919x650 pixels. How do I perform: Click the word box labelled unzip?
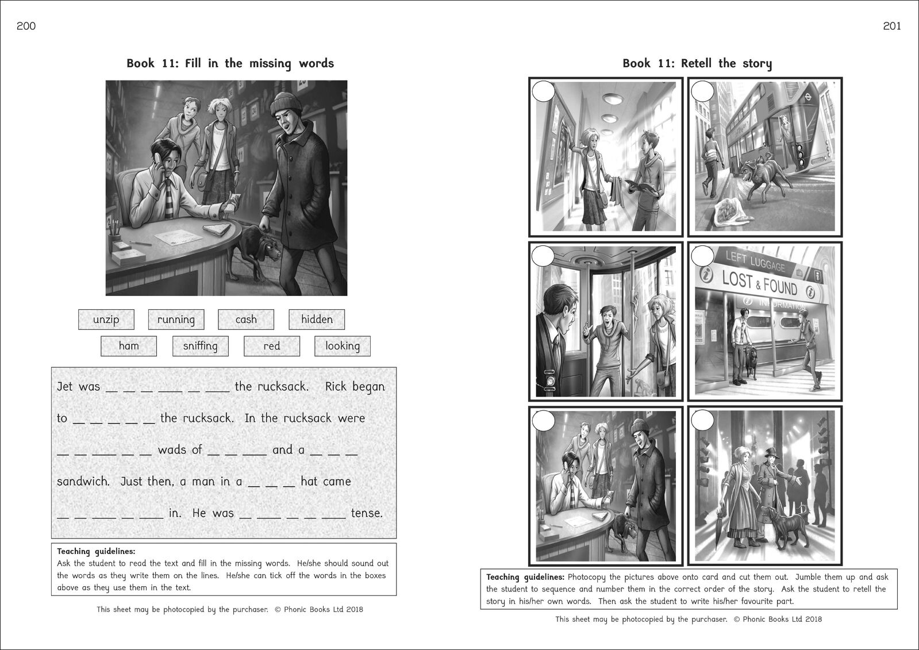[106, 320]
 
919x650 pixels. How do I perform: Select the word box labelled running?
[176, 320]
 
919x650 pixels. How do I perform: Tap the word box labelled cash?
[246, 320]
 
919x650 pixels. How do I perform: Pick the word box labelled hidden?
[317, 320]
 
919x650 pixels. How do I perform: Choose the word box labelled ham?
[129, 346]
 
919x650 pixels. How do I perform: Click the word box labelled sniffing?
[200, 346]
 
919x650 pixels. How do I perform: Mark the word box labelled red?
[272, 346]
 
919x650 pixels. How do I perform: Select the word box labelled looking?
[343, 346]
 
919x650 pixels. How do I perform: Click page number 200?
[26, 26]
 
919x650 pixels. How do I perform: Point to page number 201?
[892, 26]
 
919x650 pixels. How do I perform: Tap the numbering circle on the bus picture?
[702, 91]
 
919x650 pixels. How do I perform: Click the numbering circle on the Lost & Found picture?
[702, 256]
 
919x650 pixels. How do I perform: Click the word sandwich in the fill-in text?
[83, 482]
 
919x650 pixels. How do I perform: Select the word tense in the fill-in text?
[367, 513]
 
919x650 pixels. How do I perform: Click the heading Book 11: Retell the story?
[697, 63]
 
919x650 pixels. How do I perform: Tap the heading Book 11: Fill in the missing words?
[230, 63]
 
